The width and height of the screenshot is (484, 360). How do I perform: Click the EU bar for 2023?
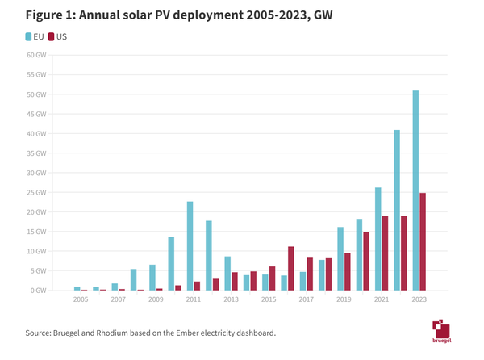415,190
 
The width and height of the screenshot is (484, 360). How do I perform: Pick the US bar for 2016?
291,268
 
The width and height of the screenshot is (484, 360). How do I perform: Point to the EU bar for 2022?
397,210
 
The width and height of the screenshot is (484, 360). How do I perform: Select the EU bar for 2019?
340,258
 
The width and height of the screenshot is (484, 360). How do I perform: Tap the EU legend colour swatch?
29,36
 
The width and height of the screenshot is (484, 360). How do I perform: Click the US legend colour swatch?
52,36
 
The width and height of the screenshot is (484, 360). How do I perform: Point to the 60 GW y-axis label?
36,55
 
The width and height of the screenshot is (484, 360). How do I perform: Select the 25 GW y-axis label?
36,192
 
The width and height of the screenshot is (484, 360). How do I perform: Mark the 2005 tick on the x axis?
81,299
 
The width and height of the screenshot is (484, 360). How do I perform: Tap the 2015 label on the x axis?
269,299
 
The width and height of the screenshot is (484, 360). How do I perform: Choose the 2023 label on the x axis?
419,299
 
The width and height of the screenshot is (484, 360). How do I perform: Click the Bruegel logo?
441,331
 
